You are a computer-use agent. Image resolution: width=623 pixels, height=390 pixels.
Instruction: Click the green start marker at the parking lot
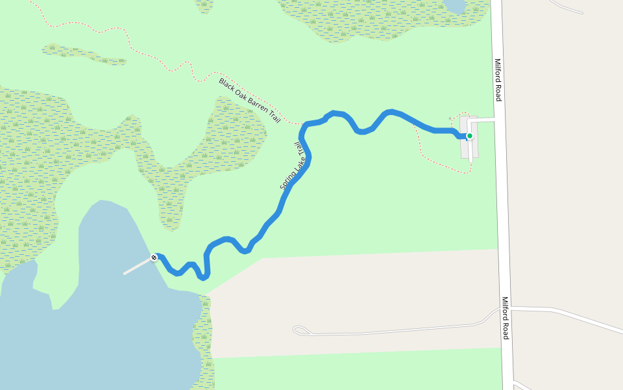coord(470,136)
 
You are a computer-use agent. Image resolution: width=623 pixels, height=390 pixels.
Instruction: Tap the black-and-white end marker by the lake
coord(154,257)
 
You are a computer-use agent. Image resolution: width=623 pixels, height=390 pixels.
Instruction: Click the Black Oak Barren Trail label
coord(250,101)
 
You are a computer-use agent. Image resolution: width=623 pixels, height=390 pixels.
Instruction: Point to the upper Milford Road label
coord(498,80)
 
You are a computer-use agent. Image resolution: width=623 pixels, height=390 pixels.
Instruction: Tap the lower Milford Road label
coord(505,318)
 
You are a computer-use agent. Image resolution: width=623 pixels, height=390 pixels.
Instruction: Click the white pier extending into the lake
coord(137,266)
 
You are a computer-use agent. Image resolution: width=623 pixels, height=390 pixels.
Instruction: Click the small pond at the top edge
coord(455,5)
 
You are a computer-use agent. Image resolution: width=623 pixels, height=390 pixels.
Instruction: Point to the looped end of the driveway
coord(299,330)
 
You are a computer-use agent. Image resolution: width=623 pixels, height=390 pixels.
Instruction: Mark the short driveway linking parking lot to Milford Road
coord(485,121)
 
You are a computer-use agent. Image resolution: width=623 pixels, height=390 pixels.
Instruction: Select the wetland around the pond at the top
coord(383,19)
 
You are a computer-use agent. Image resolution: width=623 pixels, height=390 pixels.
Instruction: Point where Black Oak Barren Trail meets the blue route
coord(303,123)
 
